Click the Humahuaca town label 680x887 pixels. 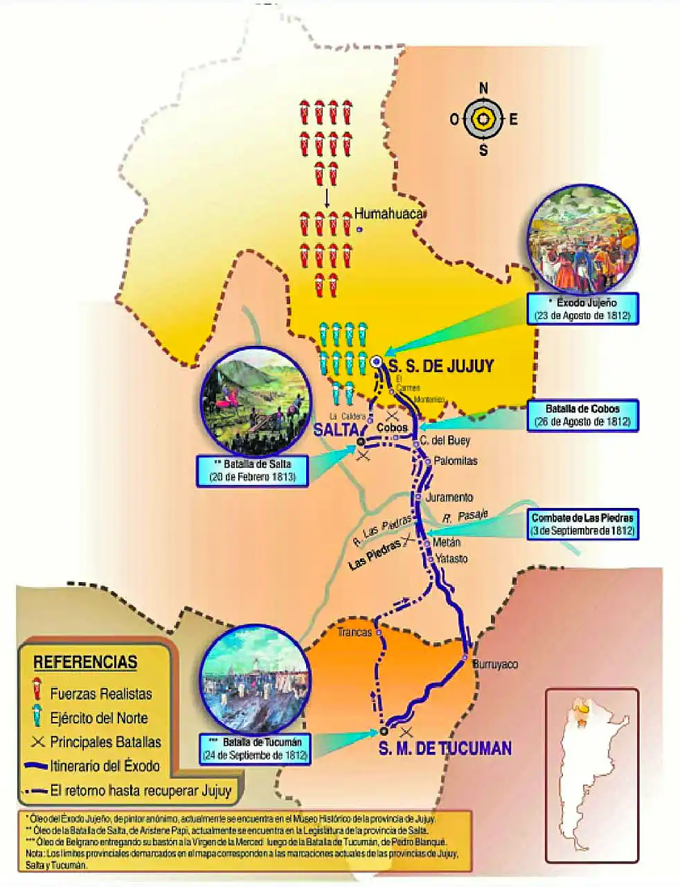(x=388, y=214)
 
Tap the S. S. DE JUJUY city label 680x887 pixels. (x=441, y=365)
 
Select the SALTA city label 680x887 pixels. (x=335, y=429)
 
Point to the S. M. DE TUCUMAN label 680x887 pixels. (x=445, y=748)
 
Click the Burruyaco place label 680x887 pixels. (x=494, y=665)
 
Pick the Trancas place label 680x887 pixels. (x=355, y=632)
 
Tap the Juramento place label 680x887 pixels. (x=449, y=497)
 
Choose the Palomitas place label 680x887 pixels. (x=455, y=460)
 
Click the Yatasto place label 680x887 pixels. (x=451, y=559)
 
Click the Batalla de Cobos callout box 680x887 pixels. (x=582, y=415)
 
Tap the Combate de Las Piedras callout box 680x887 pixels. (x=582, y=525)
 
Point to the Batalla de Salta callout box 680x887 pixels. (x=252, y=471)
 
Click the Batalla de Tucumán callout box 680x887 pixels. (x=255, y=748)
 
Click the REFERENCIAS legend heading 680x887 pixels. (x=85, y=662)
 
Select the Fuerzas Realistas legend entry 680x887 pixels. (x=100, y=693)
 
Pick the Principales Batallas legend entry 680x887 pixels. (x=105, y=741)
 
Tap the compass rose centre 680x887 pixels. (x=483, y=119)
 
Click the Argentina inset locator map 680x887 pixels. (x=591, y=775)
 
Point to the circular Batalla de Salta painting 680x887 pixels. (x=254, y=400)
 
